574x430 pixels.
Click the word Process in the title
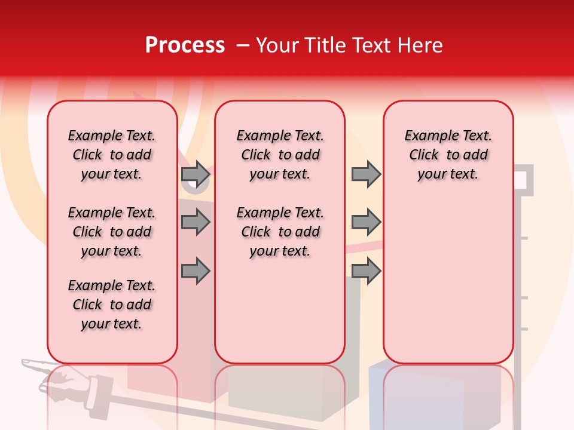click(x=185, y=45)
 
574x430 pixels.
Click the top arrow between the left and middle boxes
click(x=196, y=174)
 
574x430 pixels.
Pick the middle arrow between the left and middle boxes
click(x=196, y=223)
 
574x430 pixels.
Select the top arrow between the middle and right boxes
click(x=366, y=174)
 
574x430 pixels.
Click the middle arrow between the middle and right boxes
click(x=366, y=223)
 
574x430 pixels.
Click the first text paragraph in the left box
click(x=112, y=155)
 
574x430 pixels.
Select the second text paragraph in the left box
click(x=112, y=232)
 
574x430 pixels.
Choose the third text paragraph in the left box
click(x=112, y=305)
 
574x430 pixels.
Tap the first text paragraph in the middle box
click(x=280, y=155)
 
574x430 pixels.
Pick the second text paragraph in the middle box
click(x=280, y=232)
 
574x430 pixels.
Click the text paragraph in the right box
click(x=448, y=155)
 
